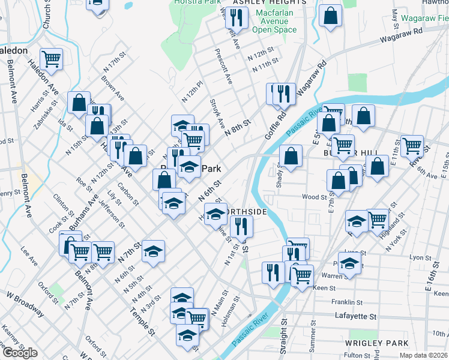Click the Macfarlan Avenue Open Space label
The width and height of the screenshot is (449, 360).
pos(274,21)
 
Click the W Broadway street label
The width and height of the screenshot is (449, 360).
pos(25,304)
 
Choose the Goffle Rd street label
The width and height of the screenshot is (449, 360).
pos(274,124)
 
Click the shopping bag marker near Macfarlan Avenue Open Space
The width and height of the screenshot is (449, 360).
pos(330,16)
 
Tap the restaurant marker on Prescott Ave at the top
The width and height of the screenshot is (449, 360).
pos(237,19)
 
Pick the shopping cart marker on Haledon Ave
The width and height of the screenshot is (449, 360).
pos(52,58)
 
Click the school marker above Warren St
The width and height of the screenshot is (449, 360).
pos(349,262)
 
